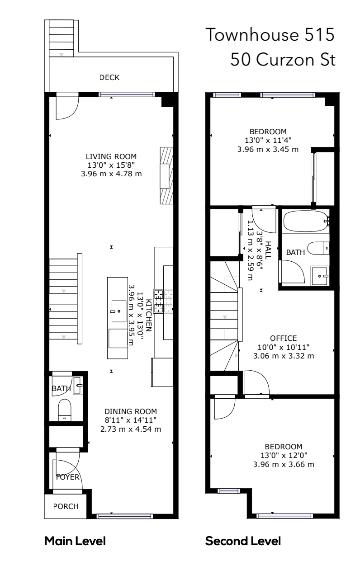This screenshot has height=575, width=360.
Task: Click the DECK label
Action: click(109, 77)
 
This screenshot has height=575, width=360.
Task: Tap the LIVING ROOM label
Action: click(111, 156)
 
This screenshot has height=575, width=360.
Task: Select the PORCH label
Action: click(66, 506)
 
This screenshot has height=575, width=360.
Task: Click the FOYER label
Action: click(67, 477)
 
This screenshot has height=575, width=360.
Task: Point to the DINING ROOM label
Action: click(130, 411)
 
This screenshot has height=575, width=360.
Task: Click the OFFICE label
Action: click(284, 338)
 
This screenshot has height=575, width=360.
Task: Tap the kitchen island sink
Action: click(118, 311)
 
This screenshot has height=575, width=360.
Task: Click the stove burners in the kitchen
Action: click(163, 301)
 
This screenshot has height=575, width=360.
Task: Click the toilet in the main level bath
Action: click(65, 410)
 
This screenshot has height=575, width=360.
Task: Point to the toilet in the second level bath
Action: click(318, 248)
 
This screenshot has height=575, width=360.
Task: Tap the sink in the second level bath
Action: click(320, 276)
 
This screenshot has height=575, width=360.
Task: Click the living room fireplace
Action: click(166, 175)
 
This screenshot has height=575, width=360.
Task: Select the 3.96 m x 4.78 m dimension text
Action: click(111, 174)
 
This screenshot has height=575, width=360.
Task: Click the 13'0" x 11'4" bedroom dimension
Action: click(268, 141)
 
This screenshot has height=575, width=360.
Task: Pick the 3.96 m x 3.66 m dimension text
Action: click(284, 464)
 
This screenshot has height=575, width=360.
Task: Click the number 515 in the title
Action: click(319, 35)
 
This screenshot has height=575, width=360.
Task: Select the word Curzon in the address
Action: click(285, 60)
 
